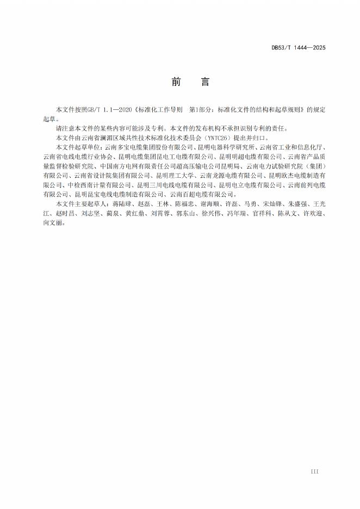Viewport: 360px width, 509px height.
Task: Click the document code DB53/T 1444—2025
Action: [x=299, y=48]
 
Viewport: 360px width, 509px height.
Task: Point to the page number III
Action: [x=314, y=471]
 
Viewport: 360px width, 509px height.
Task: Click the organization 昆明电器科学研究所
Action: [x=228, y=147]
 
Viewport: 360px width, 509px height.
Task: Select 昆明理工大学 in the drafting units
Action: [x=175, y=175]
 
